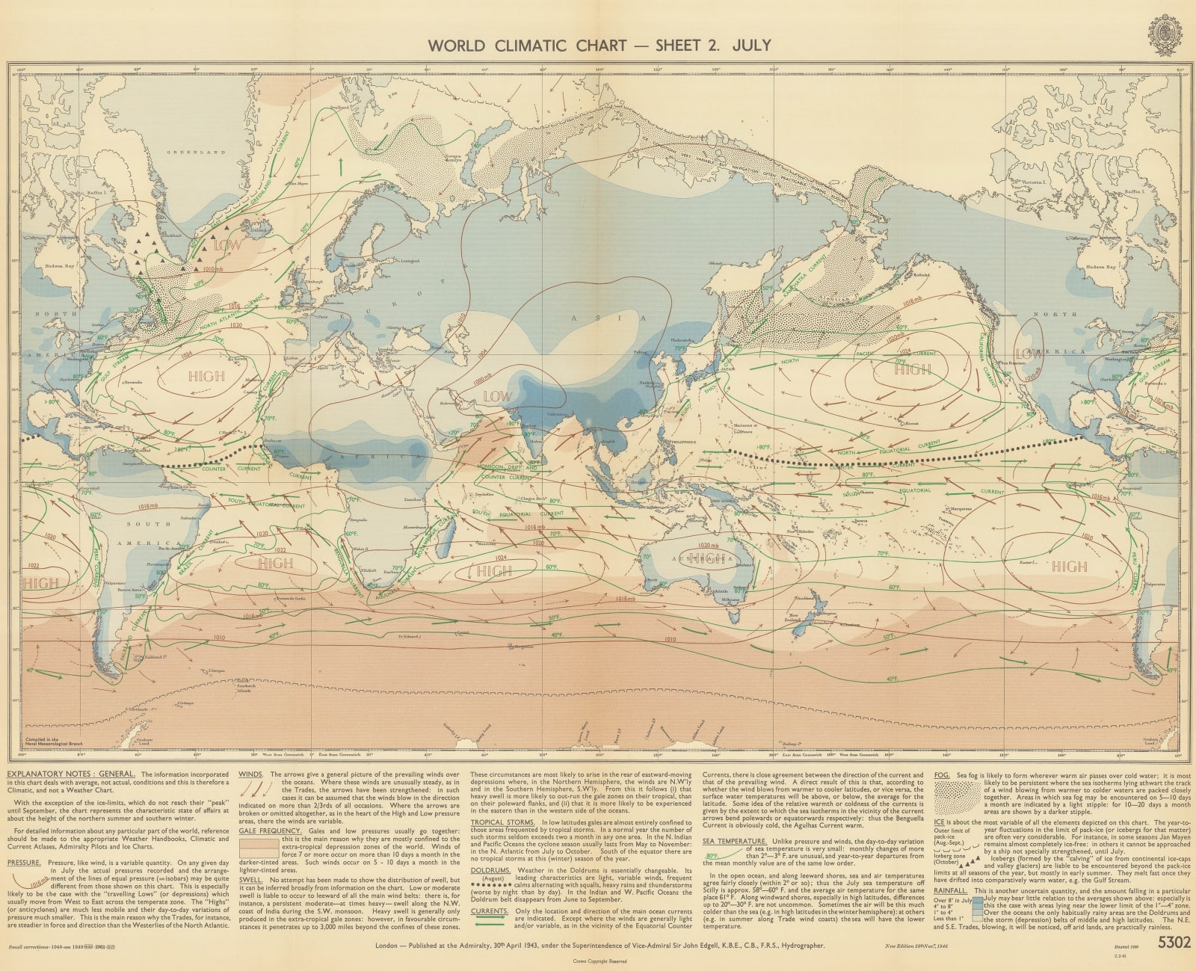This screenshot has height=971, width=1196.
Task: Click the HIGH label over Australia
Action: point(703,558)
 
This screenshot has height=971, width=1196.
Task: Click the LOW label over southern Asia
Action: point(497,395)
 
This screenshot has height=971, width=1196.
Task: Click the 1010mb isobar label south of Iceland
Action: point(213,268)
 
